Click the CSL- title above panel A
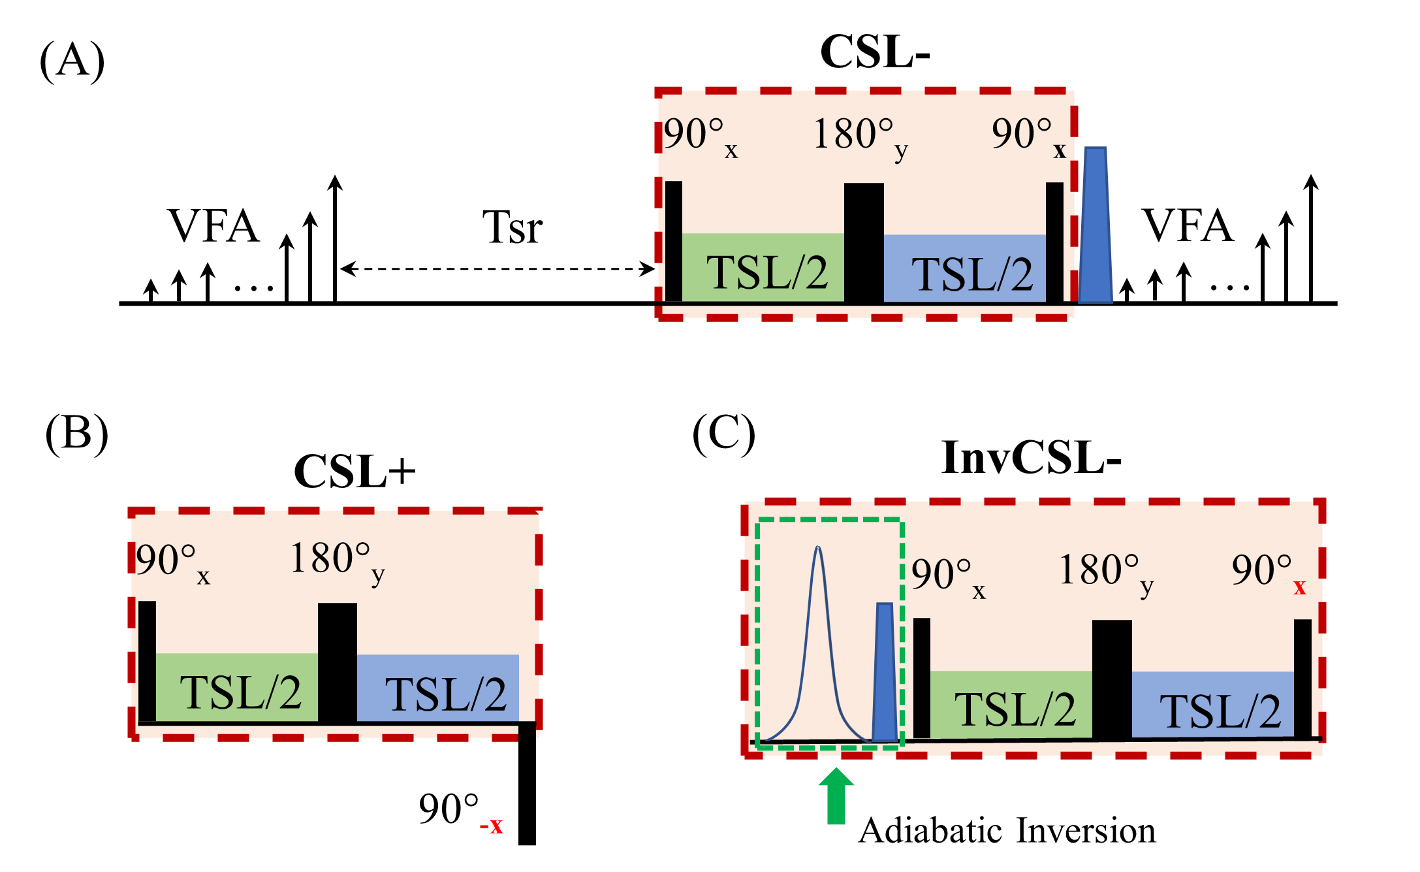click(875, 52)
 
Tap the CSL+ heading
click(355, 471)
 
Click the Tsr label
click(513, 227)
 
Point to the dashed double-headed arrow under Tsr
click(497, 268)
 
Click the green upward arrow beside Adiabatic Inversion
click(836, 796)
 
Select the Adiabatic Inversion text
click(1007, 830)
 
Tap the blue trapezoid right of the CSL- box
click(1095, 225)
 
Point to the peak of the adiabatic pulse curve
click(818, 547)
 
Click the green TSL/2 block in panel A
click(763, 268)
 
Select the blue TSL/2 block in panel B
click(438, 688)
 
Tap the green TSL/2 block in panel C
click(1011, 705)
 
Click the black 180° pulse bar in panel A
click(864, 243)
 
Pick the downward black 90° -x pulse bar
click(527, 783)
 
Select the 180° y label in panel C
click(1106, 574)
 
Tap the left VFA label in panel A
click(213, 226)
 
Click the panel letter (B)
click(76, 434)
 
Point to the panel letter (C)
click(723, 434)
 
